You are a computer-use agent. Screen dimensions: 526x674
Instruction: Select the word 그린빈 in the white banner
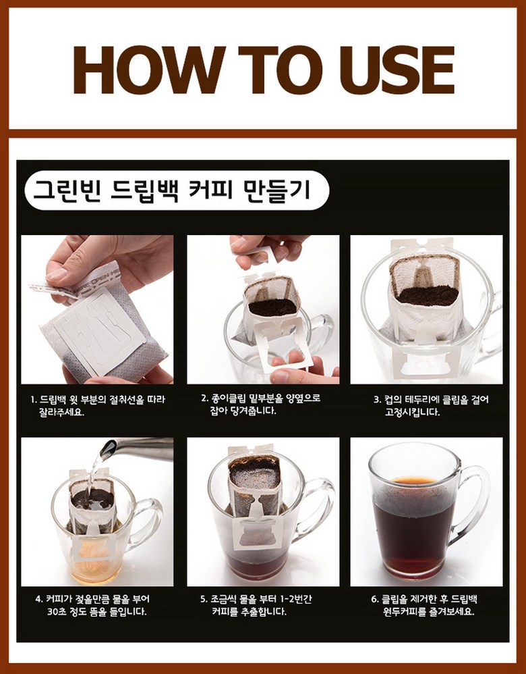point(67,190)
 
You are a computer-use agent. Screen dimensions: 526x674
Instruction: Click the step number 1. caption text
point(98,406)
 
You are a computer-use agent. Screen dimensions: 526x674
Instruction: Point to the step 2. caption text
point(261,405)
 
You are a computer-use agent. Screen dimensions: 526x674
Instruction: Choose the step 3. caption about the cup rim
point(431,406)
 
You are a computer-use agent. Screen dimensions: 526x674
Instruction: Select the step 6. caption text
point(424,605)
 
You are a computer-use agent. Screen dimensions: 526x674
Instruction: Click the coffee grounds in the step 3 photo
point(428,295)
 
